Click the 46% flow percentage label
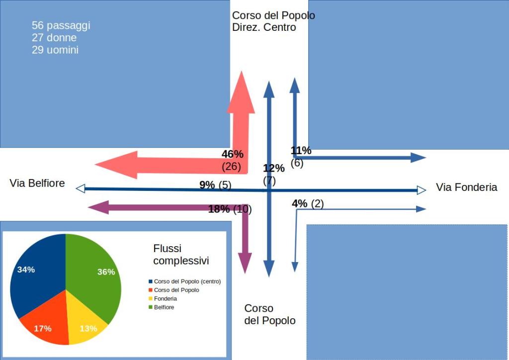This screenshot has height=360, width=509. tap(232, 154)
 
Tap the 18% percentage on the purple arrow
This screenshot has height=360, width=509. tap(219, 209)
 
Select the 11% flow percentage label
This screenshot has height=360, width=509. tap(301, 151)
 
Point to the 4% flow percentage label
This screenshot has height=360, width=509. tap(300, 203)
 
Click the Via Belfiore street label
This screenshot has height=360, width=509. tap(37, 183)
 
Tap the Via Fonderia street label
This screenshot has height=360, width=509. tap(466, 187)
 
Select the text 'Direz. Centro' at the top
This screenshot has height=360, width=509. tap(264, 27)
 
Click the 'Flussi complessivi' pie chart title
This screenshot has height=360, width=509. tap(180, 254)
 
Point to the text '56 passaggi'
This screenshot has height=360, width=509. tap(61, 25)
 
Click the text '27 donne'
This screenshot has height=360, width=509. tap(54, 38)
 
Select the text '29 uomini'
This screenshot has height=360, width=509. tap(55, 50)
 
